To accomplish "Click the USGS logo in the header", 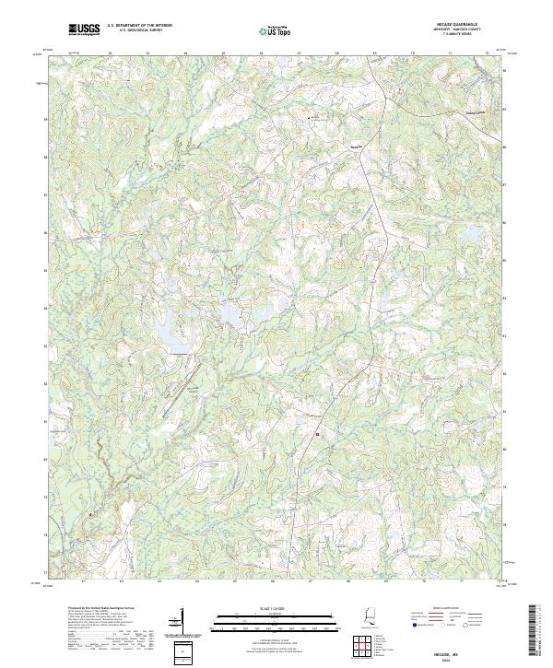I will tap(84, 30).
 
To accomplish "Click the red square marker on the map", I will tap(317, 434).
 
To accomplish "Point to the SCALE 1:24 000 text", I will tap(276, 609).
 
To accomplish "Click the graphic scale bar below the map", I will tap(276, 619).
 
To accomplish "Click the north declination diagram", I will tap(182, 622).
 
